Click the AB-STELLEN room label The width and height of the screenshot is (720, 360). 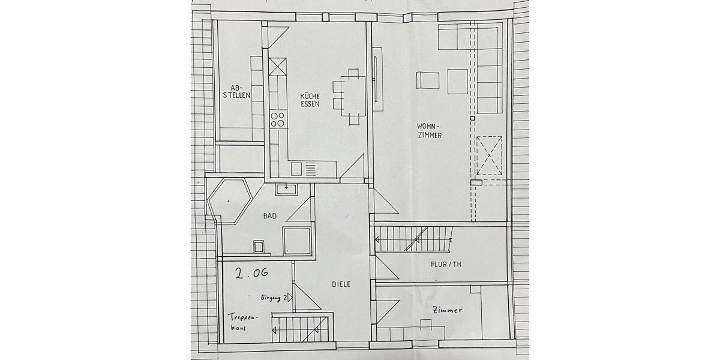click(236, 91)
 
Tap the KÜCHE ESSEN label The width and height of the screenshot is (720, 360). click(310, 100)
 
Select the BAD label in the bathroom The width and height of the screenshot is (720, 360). click(269, 216)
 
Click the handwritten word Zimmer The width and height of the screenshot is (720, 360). click(446, 310)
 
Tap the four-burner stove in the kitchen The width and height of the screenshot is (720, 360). click(277, 119)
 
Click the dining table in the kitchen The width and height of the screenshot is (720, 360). click(353, 95)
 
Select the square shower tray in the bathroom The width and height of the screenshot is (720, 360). click(296, 241)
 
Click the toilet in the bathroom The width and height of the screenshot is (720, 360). click(259, 247)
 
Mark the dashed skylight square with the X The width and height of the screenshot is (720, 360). click(489, 155)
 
